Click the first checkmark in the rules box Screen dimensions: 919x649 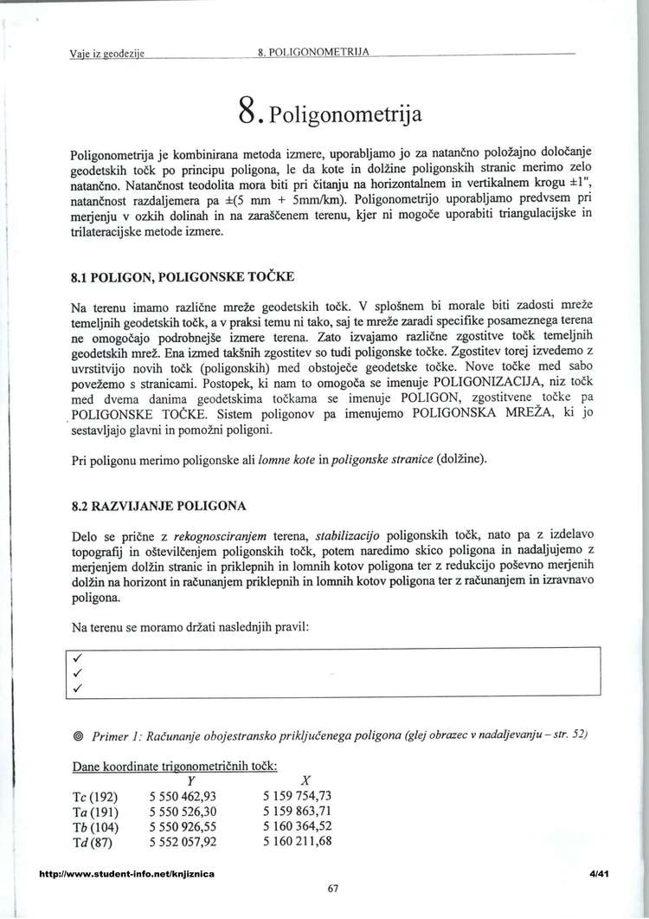pyautogui.click(x=78, y=657)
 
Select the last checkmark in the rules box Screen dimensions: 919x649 pyautogui.click(x=78, y=689)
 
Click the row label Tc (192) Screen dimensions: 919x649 pyautogui.click(x=95, y=795)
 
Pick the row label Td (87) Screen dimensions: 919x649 pyautogui.click(x=93, y=841)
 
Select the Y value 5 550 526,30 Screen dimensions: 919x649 pyautogui.click(x=183, y=811)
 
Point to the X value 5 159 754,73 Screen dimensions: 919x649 pyautogui.click(x=297, y=795)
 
